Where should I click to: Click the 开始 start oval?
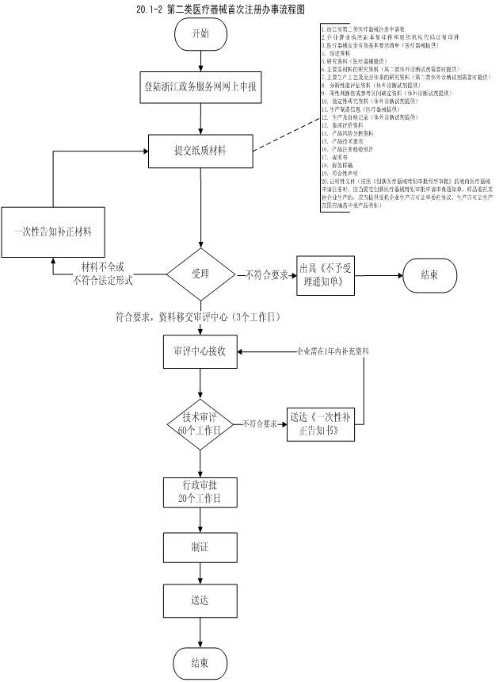tap(200, 35)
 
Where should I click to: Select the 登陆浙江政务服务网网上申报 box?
tap(200, 86)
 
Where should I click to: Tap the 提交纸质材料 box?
tap(200, 148)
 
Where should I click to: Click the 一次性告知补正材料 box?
tap(53, 231)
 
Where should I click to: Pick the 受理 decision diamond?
tap(200, 275)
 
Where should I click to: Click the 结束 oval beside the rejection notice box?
tap(429, 276)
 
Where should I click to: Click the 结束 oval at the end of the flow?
tap(200, 661)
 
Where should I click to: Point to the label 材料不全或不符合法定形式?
tap(104, 274)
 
